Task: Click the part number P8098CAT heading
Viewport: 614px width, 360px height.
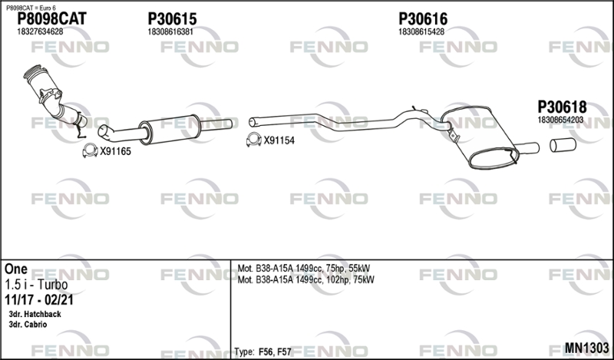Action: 51,18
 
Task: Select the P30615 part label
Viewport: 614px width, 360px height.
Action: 172,18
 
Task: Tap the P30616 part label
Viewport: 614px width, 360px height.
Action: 423,18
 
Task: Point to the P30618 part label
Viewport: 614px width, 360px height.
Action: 562,107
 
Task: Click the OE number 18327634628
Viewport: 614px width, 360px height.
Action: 40,31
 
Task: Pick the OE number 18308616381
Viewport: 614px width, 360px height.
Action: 170,31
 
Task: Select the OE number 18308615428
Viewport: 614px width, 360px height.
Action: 421,31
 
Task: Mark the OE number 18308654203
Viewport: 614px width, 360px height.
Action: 560,120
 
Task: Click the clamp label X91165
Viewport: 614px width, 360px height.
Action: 116,152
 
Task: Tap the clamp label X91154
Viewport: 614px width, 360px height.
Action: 279,140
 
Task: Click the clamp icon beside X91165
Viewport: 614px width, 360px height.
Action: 90,150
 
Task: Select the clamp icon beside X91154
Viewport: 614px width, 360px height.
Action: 254,140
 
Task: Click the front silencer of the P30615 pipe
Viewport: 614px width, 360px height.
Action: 170,129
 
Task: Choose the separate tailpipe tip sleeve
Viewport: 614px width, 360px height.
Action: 563,145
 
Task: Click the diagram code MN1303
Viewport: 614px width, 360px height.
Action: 586,348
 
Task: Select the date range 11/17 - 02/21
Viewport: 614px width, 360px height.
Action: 39,300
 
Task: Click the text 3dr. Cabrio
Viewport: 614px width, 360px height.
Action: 28,325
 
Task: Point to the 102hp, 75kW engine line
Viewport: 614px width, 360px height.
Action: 305,279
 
